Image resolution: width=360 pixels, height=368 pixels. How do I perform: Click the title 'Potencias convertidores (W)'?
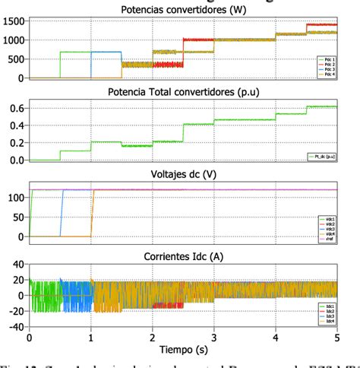(x=183, y=10)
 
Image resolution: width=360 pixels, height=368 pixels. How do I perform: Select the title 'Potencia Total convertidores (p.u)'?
(x=183, y=94)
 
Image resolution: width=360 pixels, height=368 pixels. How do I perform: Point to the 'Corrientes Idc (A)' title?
(x=183, y=256)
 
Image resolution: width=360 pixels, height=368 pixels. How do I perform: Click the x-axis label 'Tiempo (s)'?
(x=183, y=349)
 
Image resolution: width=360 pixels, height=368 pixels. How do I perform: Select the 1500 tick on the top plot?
(x=14, y=21)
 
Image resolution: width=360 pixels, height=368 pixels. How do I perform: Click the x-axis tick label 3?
(x=214, y=337)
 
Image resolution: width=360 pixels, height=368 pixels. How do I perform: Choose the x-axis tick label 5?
(x=337, y=337)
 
